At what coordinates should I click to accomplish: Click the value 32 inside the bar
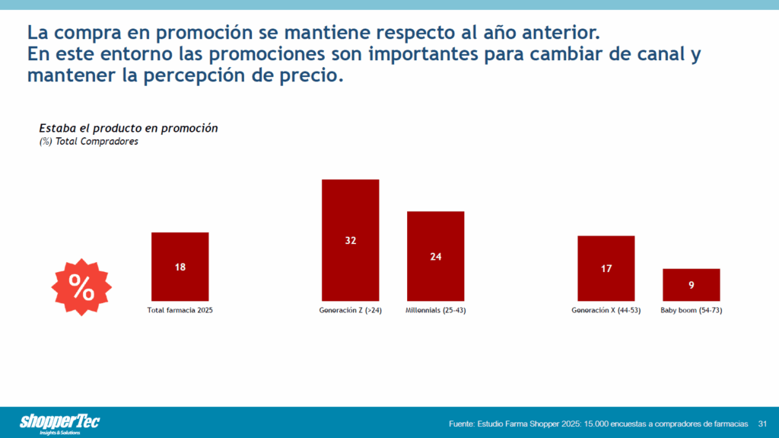coord(350,241)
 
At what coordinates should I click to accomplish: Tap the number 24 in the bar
coord(435,257)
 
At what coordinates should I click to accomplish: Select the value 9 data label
coord(691,286)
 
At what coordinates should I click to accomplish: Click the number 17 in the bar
coord(606,269)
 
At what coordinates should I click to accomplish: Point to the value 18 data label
coord(180,267)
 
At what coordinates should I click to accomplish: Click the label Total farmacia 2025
coord(180,311)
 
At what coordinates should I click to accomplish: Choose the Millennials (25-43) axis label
coord(435,311)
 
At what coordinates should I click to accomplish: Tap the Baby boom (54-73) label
coord(691,311)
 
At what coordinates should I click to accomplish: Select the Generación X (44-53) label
coord(606,311)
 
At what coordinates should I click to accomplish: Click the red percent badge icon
coord(81,287)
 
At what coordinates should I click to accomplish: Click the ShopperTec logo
coord(59,423)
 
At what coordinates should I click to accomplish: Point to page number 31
coord(762,423)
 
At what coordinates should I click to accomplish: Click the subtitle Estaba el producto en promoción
coord(128,128)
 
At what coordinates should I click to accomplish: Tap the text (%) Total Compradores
coord(88,142)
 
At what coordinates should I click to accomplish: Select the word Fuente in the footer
coord(463,423)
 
